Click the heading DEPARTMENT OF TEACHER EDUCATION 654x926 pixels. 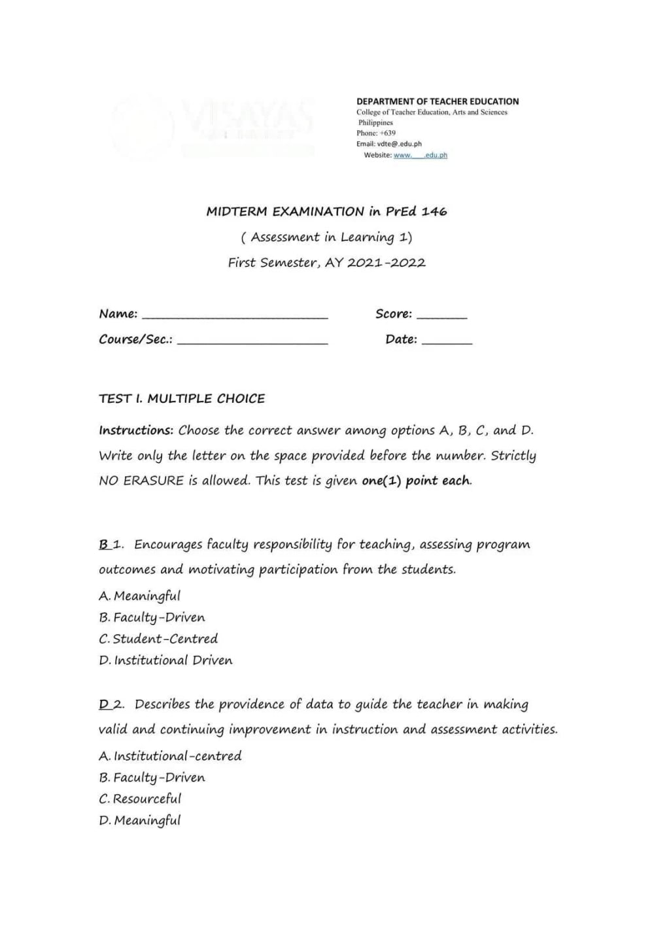(x=438, y=101)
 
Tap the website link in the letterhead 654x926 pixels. (x=420, y=155)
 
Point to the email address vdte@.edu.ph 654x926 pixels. (x=400, y=144)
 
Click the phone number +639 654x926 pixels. (x=388, y=133)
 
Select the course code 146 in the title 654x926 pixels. (x=434, y=211)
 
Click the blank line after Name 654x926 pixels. (x=235, y=317)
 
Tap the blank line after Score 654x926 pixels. (x=441, y=317)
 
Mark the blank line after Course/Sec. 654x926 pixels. (x=252, y=343)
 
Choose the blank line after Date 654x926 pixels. (x=447, y=343)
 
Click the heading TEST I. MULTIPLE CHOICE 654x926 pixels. (x=182, y=398)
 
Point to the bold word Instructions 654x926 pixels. (x=136, y=430)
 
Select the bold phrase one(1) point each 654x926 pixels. (x=416, y=481)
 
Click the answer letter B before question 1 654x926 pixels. (x=103, y=544)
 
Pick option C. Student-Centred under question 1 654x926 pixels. (x=158, y=639)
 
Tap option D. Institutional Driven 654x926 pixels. (x=165, y=660)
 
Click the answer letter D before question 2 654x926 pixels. (x=104, y=704)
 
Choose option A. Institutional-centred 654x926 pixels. (x=170, y=756)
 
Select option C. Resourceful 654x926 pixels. (x=140, y=799)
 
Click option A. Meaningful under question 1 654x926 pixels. (x=139, y=596)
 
